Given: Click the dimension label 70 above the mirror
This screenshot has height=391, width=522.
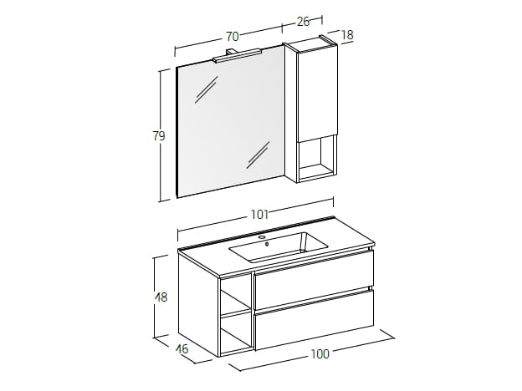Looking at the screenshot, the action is pyautogui.click(x=233, y=36).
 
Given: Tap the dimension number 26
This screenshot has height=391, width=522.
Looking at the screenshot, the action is pyautogui.click(x=304, y=22).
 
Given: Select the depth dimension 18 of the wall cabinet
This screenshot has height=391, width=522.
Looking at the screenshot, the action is pyautogui.click(x=347, y=34).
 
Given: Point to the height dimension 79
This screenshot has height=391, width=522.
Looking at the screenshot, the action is pyautogui.click(x=159, y=135).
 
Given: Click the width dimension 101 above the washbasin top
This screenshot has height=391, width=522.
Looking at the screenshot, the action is pyautogui.click(x=259, y=215).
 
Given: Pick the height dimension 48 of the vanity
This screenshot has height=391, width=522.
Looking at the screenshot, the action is pyautogui.click(x=161, y=297).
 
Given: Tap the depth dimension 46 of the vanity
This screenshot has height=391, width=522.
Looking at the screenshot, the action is pyautogui.click(x=182, y=348).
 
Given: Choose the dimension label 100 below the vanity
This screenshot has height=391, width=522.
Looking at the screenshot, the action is pyautogui.click(x=320, y=353).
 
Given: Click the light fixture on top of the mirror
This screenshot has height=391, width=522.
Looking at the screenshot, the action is pyautogui.click(x=238, y=55).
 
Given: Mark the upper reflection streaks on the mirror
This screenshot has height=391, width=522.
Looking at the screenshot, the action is pyautogui.click(x=207, y=89).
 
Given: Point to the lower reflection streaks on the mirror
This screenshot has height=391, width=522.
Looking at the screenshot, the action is pyautogui.click(x=258, y=155).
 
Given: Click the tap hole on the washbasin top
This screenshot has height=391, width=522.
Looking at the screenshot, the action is pyautogui.click(x=263, y=237).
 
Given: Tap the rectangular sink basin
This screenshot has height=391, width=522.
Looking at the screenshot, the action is pyautogui.click(x=279, y=247).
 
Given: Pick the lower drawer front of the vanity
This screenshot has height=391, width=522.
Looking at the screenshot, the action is pyautogui.click(x=315, y=320).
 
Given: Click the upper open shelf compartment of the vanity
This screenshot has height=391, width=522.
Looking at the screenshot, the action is pyautogui.click(x=235, y=296).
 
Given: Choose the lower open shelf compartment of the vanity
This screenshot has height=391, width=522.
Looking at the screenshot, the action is pyautogui.click(x=236, y=333).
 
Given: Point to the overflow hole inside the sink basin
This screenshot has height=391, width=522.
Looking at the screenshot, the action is pyautogui.click(x=267, y=245).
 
